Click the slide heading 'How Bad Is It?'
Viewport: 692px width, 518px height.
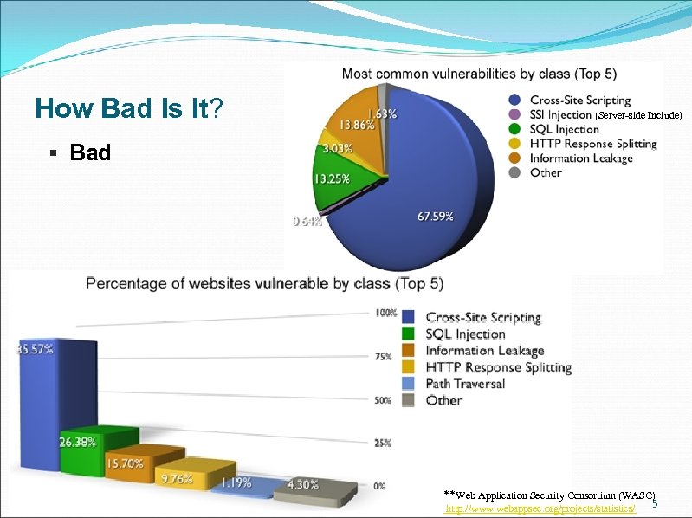tap(129, 109)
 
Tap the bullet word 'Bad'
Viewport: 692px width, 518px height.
tap(90, 152)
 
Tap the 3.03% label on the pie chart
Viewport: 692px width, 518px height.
tap(337, 148)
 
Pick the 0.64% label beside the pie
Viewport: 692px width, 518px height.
tap(307, 221)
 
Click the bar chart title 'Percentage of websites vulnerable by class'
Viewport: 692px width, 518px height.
tap(264, 282)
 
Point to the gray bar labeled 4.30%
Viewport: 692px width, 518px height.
tap(313, 490)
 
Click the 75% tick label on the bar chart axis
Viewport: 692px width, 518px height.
tap(382, 356)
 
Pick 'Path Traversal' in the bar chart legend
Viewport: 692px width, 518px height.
tap(464, 383)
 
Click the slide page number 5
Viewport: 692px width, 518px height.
tap(655, 504)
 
